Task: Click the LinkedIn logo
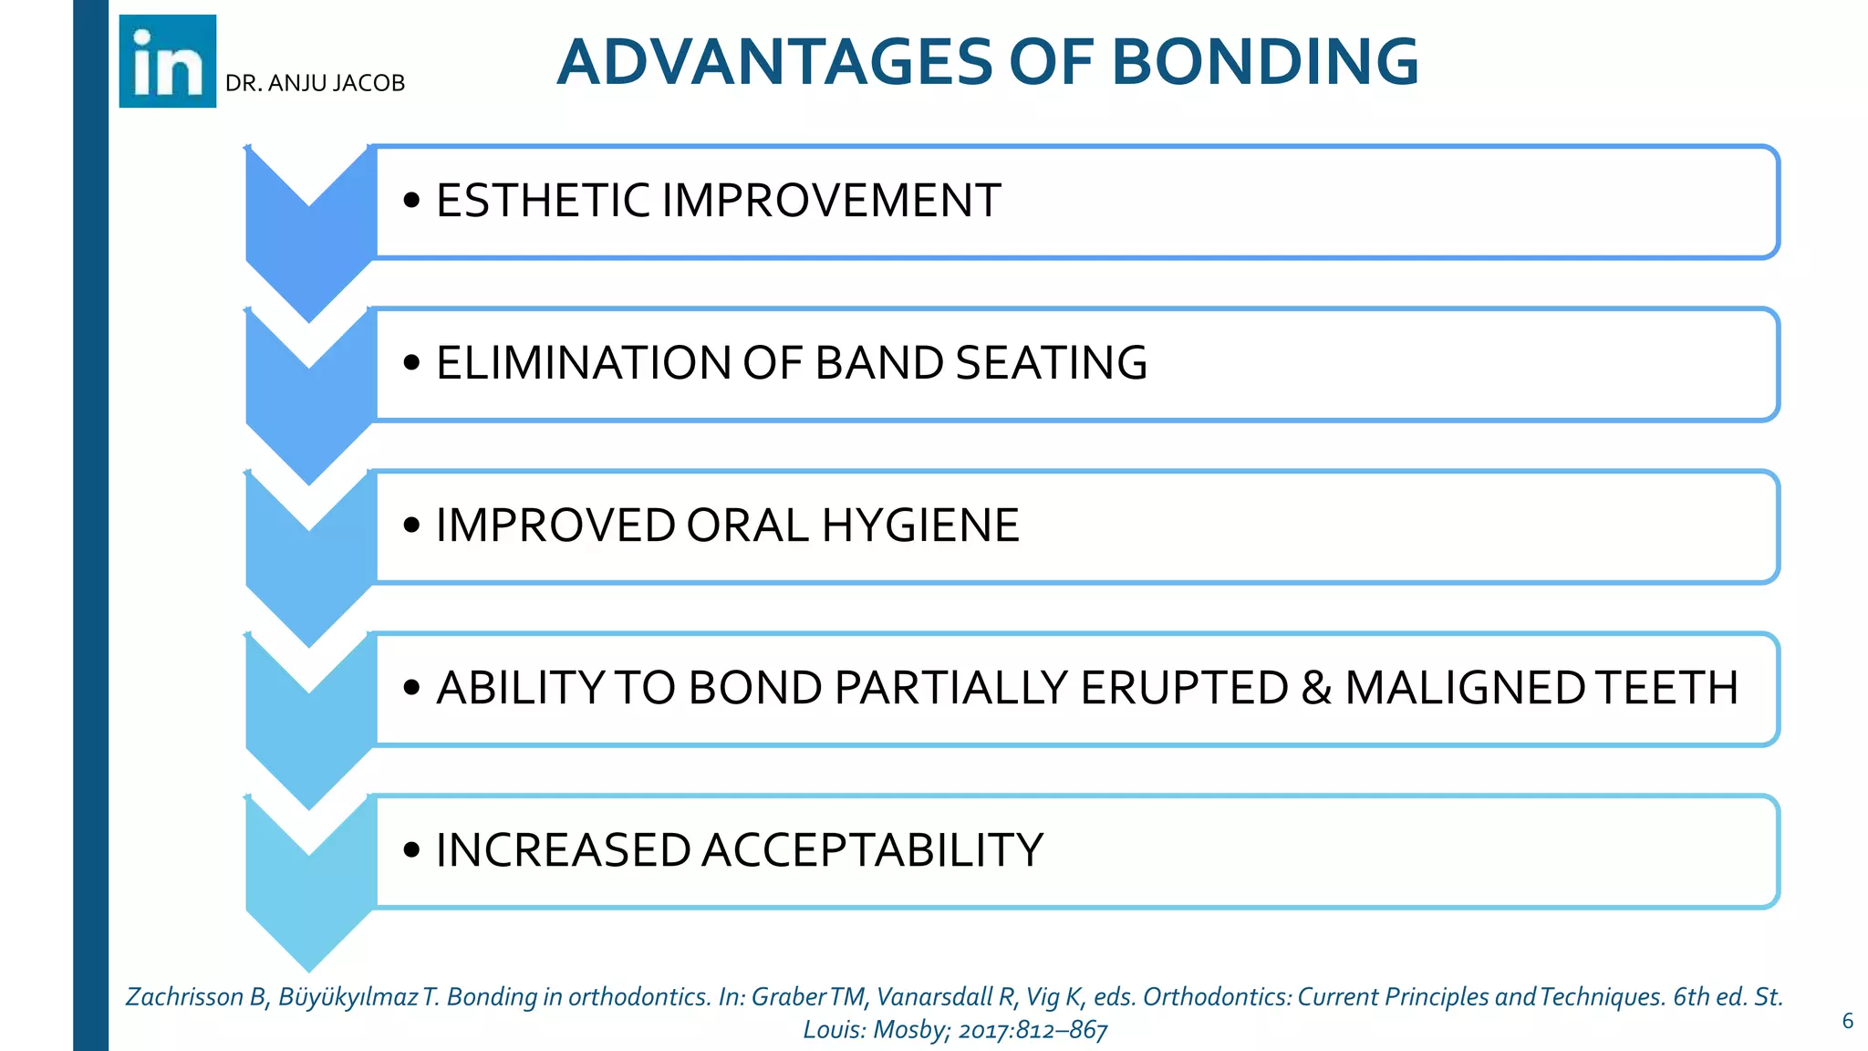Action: (168, 61)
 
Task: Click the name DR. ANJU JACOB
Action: (315, 83)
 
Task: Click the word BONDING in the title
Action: (1264, 62)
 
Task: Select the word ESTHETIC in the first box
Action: (544, 200)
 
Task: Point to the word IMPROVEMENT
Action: (831, 200)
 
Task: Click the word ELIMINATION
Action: (584, 362)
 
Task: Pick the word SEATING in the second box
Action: (1051, 362)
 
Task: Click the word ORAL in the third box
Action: (747, 525)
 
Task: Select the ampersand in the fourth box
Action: (1316, 687)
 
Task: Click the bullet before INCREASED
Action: (411, 850)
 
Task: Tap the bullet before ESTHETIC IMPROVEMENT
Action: (411, 201)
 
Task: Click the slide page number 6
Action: (1847, 1021)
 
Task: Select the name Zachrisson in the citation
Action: (183, 996)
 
